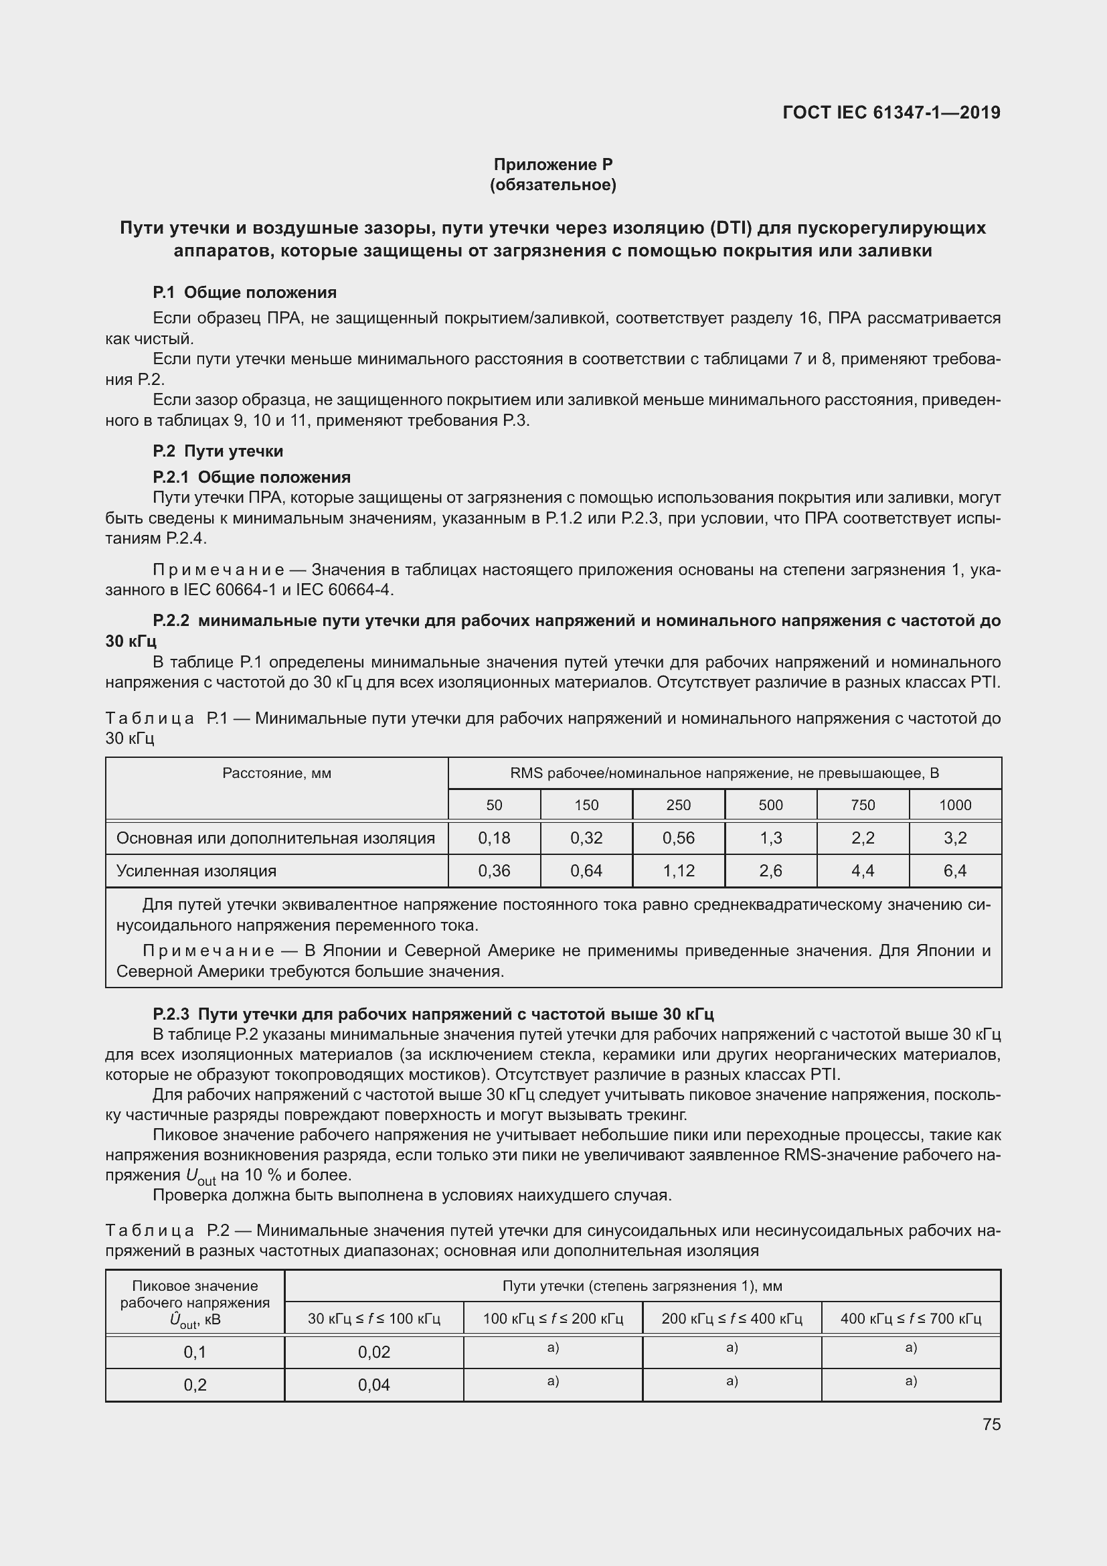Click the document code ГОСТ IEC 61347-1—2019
tap(891, 112)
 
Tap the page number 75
tap(991, 1425)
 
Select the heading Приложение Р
tap(553, 165)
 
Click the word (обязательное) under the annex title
tap(553, 185)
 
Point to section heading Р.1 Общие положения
tap(245, 293)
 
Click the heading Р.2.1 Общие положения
tap(252, 477)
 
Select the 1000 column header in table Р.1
tap(954, 805)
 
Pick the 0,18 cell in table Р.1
tap(493, 838)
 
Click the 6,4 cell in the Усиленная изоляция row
tap(954, 871)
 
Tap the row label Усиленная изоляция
tap(196, 871)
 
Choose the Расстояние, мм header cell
tap(277, 773)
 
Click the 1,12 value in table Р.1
tap(678, 871)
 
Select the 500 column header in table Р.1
tap(770, 805)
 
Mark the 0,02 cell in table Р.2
tap(373, 1352)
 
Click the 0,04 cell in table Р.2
tap(373, 1385)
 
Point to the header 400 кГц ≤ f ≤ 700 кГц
tap(911, 1318)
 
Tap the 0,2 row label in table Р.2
tap(195, 1385)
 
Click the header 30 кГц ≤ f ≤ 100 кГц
tap(373, 1318)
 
